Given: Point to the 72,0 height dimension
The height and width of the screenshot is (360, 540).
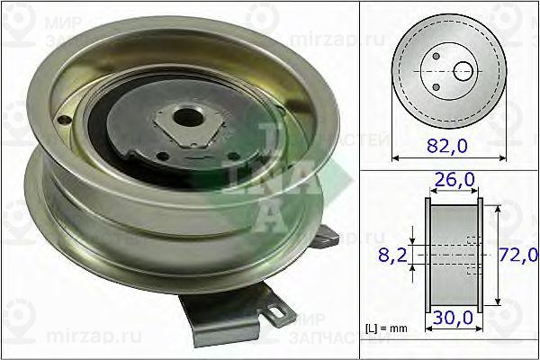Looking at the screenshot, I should click(x=519, y=256).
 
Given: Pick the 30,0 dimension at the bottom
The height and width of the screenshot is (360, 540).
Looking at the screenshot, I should click(x=454, y=319).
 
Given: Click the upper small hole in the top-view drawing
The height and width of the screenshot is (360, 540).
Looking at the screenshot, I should click(x=436, y=57).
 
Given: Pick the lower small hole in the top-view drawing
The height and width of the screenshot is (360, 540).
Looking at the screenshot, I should click(x=436, y=85).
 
